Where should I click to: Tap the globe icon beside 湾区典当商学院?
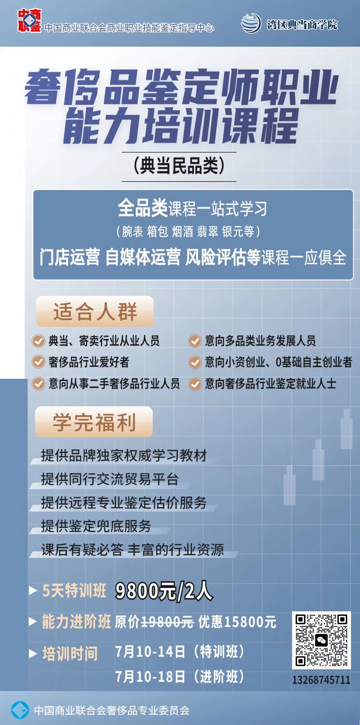coord(251,23)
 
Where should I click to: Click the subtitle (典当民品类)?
coord(179,166)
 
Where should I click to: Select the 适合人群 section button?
coord(95,311)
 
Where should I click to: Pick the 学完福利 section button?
coord(94,422)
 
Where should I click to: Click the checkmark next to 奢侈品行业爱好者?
coord(38,362)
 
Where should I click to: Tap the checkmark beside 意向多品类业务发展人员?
coord(195,341)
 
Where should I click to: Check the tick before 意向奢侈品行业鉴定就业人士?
coord(195,384)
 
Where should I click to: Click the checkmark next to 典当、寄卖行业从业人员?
coord(38,341)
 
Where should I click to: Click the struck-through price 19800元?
coord(167,622)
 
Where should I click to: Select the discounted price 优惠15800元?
coord(237,622)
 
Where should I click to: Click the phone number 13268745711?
coord(321,680)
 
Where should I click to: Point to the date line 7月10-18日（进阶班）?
coord(180,677)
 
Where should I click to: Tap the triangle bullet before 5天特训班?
coord(33,591)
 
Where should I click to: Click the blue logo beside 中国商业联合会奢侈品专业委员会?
coord(20,710)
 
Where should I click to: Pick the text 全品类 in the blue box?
coord(143,208)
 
